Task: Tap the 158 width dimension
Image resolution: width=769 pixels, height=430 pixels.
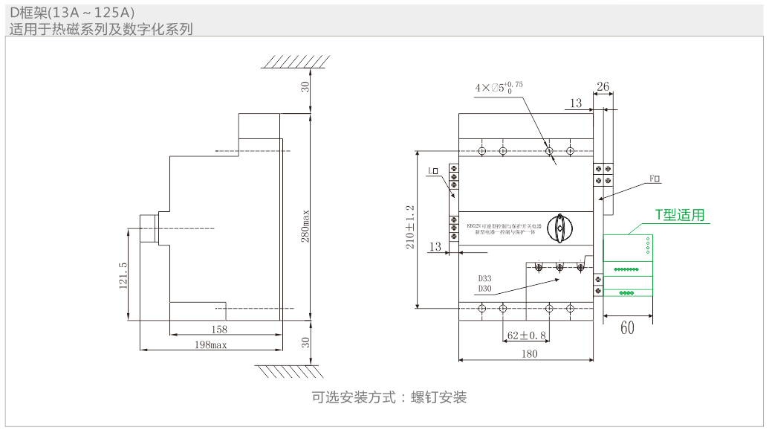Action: [219, 329]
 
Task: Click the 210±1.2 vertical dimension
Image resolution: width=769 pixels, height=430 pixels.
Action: [409, 227]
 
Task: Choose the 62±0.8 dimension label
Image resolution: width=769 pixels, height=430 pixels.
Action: [527, 336]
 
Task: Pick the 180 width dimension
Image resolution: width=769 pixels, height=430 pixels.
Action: [530, 354]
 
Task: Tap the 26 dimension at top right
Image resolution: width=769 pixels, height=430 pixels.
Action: [603, 87]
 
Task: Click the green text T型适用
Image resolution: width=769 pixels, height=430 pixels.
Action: [679, 215]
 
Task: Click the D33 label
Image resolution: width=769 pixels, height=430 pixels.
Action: [484, 278]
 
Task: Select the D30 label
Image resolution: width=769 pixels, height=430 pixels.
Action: [484, 289]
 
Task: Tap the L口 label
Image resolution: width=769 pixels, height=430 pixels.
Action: [433, 171]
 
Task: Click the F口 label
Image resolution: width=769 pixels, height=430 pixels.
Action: [655, 179]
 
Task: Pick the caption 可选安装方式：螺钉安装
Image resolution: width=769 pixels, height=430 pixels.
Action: [389, 397]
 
